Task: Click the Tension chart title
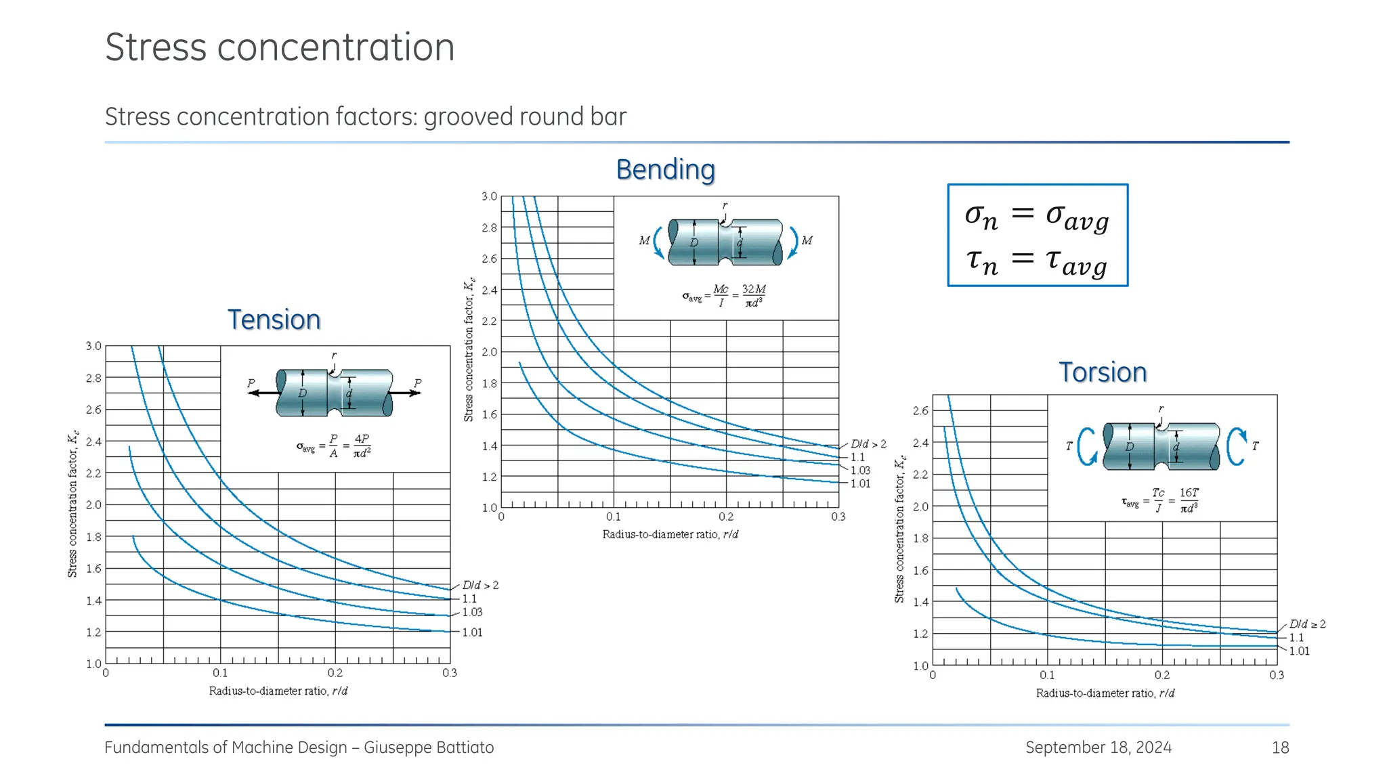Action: click(x=274, y=320)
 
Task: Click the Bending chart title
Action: click(x=665, y=169)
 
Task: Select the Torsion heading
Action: click(x=1103, y=372)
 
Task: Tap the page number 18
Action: click(x=1280, y=747)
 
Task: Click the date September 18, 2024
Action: click(x=1098, y=747)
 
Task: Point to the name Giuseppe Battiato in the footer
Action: click(x=429, y=747)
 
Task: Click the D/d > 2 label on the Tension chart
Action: click(x=480, y=585)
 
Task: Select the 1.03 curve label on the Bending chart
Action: click(x=860, y=470)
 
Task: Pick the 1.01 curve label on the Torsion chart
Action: click(x=1299, y=651)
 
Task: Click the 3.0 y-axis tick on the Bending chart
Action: click(x=489, y=196)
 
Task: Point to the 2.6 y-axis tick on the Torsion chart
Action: click(x=920, y=410)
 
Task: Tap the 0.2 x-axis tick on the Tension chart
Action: click(x=335, y=673)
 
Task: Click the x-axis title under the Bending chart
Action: click(x=670, y=534)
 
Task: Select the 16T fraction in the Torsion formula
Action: click(x=1189, y=500)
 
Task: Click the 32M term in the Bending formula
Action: click(x=753, y=295)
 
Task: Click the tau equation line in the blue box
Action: click(x=1036, y=261)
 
